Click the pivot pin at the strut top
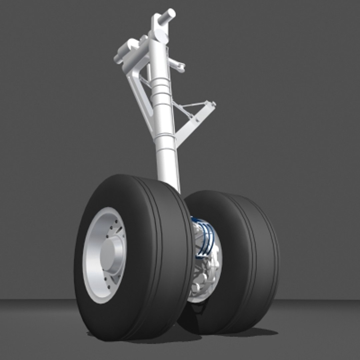click(x=167, y=16)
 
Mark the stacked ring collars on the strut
click(x=160, y=90)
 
